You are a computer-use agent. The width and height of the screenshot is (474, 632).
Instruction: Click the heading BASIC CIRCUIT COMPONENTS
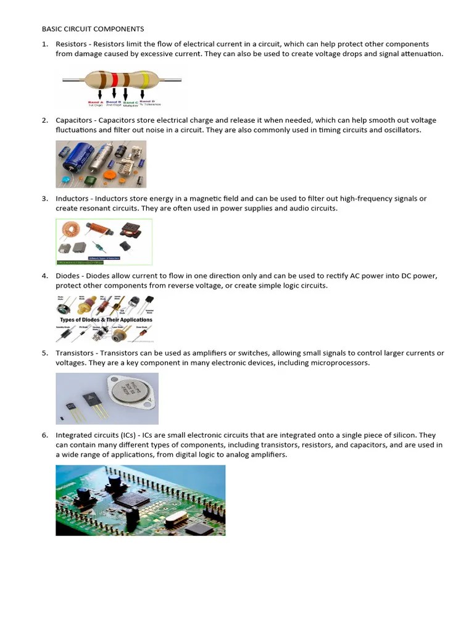[x=93, y=29]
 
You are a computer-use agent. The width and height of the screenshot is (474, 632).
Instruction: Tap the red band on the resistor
[x=114, y=80]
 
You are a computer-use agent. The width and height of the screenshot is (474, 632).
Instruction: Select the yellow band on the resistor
[x=145, y=80]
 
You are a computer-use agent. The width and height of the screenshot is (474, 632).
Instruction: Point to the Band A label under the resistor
[x=95, y=102]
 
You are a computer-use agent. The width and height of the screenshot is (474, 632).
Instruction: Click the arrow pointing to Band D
[x=143, y=94]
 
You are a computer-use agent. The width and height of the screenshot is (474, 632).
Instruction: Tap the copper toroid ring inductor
[x=70, y=230]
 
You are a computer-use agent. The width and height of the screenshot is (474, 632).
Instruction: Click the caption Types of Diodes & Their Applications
[x=106, y=320]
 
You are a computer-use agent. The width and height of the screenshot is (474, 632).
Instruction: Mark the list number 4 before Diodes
[x=44, y=276]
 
